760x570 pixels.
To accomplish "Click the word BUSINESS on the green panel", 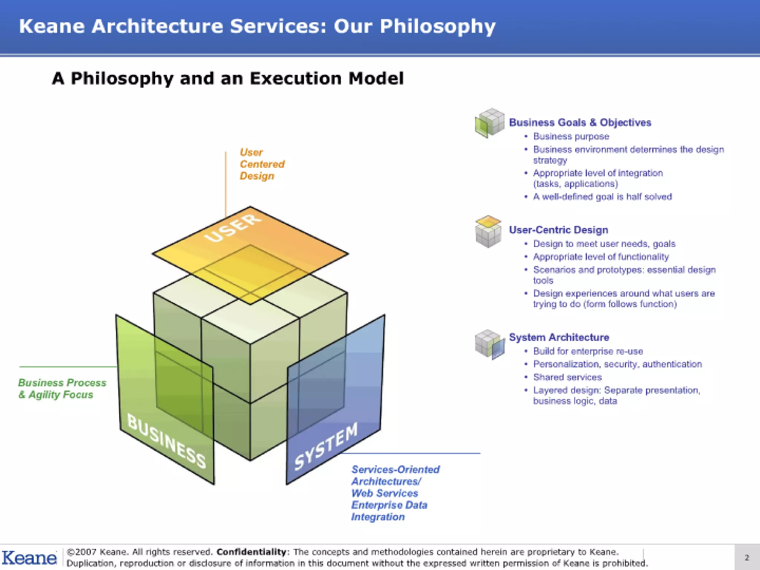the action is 167,441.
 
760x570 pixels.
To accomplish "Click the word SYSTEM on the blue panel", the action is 326,446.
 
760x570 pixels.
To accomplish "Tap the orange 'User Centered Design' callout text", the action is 262,164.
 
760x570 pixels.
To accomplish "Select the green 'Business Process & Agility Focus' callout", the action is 62,389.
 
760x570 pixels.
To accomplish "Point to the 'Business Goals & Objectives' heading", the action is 580,122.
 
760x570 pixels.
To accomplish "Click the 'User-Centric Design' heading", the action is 558,230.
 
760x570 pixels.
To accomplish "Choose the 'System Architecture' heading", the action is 559,337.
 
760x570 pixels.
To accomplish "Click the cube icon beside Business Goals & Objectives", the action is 489,123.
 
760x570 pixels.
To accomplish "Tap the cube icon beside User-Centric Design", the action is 488,231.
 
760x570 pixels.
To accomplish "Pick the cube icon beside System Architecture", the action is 489,344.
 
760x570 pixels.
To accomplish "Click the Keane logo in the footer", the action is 29,558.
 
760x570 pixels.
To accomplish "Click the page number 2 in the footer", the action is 747,557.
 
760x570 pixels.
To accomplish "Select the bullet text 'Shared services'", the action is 567,377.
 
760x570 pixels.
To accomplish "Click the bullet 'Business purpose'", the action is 571,137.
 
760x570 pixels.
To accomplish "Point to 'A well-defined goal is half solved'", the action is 602,197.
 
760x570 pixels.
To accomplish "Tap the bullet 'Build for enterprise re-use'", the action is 588,351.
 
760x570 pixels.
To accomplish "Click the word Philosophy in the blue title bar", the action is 437,27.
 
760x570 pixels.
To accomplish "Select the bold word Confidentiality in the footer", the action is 251,552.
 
